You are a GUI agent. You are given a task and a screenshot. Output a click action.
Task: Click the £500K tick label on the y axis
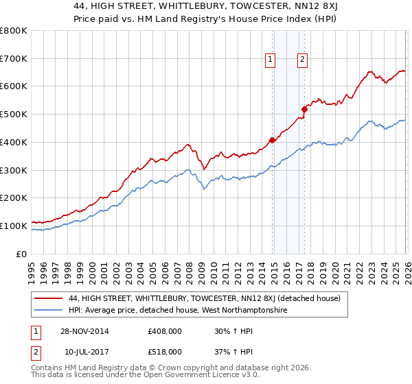[14, 115]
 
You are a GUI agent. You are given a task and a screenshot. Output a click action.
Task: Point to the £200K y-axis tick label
[14, 198]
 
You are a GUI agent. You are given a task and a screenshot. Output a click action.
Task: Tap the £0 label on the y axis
[22, 254]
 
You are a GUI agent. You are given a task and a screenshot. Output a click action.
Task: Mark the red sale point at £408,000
[272, 140]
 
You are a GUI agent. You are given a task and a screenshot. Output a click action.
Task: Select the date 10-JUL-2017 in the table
[86, 351]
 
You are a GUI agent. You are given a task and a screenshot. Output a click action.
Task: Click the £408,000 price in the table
[164, 331]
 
